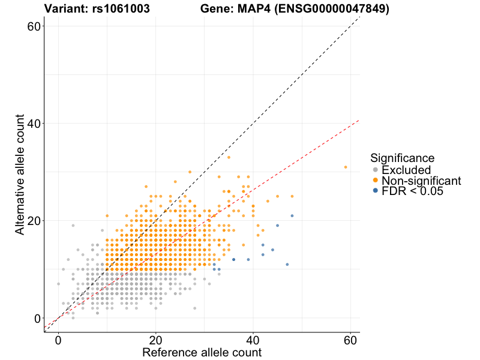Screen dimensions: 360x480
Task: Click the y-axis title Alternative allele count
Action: click(x=20, y=173)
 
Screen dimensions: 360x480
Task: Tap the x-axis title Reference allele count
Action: click(x=202, y=352)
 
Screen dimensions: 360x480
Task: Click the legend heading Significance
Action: click(x=402, y=158)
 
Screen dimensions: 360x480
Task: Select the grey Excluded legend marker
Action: click(x=376, y=170)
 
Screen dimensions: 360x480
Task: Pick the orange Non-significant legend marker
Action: click(x=376, y=180)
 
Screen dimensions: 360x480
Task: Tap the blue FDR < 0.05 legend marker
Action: click(x=376, y=190)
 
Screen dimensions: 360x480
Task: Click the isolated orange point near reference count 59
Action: click(x=346, y=167)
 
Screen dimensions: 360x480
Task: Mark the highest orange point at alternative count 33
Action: click(x=229, y=157)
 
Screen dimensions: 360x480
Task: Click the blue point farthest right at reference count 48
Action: click(x=292, y=216)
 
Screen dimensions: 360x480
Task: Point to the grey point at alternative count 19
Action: click(x=73, y=226)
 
